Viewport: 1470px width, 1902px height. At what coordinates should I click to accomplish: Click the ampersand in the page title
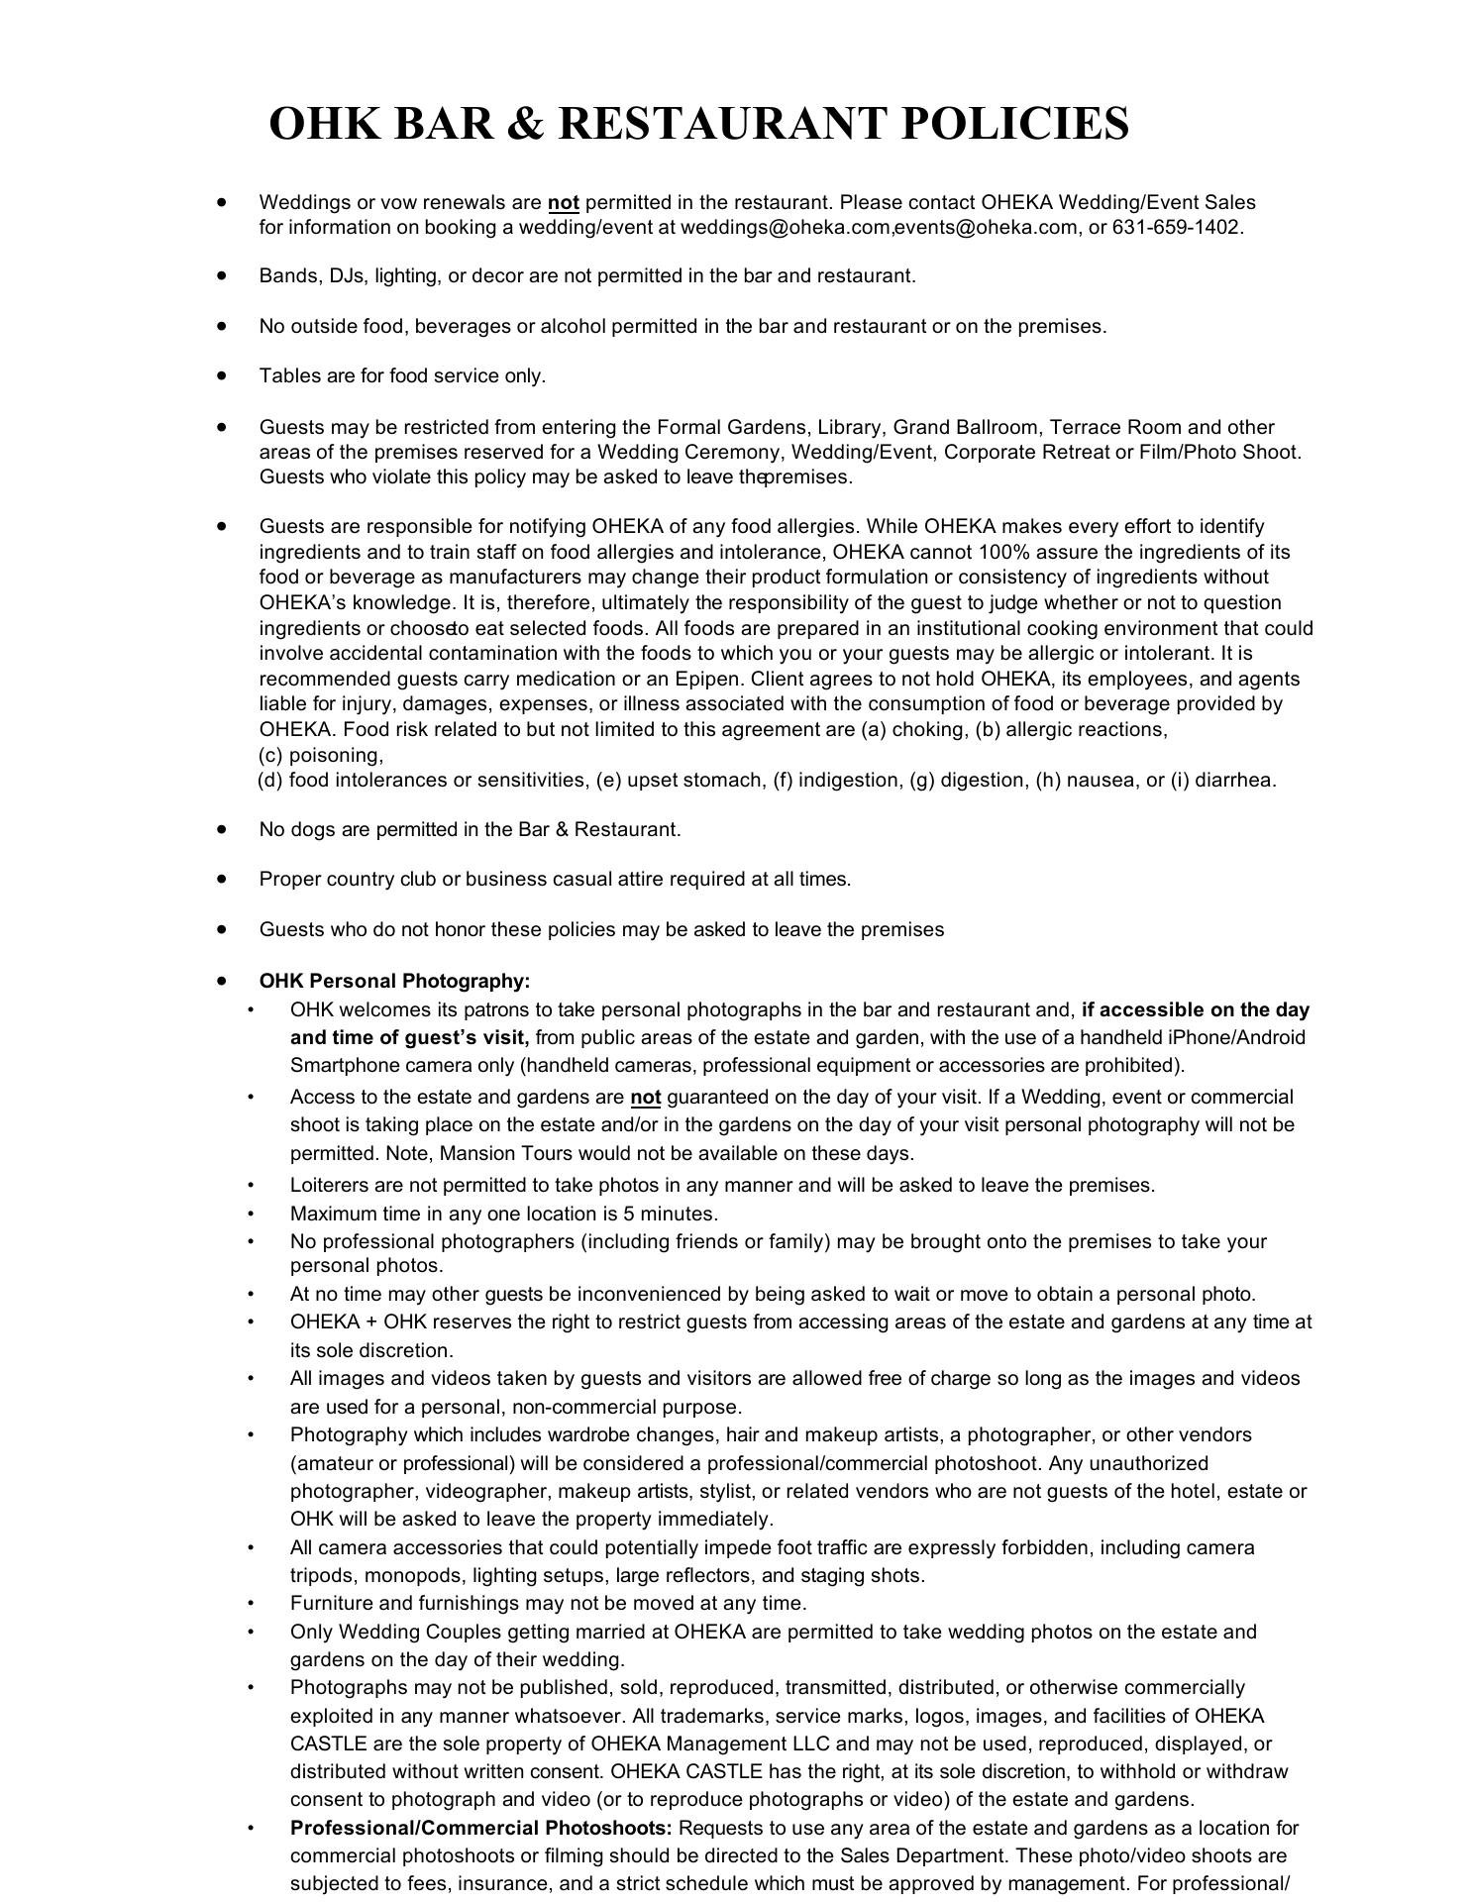point(525,124)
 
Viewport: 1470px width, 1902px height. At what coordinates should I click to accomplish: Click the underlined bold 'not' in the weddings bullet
point(563,203)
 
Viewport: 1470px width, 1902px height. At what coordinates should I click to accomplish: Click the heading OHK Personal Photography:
point(394,981)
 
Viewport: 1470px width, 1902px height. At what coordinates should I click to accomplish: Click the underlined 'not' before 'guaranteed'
point(645,1097)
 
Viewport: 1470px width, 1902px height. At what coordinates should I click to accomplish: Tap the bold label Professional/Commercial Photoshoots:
point(481,1828)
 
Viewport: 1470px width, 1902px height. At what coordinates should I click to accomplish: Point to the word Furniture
point(330,1603)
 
